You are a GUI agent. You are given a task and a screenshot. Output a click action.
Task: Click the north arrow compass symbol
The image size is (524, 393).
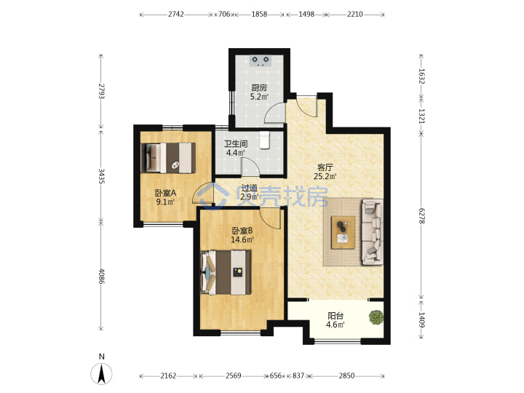[102, 373]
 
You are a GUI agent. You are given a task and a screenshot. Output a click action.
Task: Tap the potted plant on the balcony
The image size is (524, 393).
[376, 317]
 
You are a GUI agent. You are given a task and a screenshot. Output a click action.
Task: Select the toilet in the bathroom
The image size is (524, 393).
[264, 140]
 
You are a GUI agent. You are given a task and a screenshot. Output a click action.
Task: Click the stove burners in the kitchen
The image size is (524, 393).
[261, 60]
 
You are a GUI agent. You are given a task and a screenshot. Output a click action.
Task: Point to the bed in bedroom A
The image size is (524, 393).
[168, 158]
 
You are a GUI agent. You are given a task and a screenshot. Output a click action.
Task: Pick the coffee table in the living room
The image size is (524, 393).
[343, 233]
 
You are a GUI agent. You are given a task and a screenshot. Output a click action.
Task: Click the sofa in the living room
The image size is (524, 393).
[373, 232]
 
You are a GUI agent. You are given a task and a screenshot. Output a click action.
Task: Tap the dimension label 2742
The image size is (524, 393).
[176, 14]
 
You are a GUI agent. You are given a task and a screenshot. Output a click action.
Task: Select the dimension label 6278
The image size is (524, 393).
[421, 216]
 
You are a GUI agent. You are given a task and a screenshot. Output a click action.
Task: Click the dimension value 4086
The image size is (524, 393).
[102, 276]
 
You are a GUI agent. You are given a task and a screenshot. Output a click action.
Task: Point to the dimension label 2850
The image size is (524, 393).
[346, 376]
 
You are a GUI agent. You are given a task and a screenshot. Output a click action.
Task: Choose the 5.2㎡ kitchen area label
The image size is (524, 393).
[259, 97]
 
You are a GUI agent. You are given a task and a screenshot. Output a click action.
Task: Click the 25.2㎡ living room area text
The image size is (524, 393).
[325, 176]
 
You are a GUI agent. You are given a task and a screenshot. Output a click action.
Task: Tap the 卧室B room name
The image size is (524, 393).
[242, 231]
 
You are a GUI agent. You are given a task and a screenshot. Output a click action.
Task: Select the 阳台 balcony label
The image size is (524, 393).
[336, 315]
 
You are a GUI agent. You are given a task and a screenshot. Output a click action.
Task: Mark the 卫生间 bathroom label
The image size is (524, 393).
[236, 144]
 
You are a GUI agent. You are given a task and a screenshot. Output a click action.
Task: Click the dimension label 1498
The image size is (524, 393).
[306, 14]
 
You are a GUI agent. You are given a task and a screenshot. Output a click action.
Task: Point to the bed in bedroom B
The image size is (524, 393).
[226, 273]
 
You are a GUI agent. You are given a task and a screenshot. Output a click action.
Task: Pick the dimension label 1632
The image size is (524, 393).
[421, 76]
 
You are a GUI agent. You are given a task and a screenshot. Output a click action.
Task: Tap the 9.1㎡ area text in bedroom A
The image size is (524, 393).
[165, 202]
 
